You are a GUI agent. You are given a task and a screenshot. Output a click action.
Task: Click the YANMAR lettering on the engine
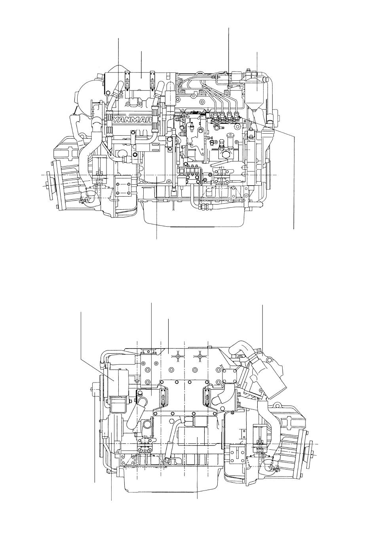coord(132,120)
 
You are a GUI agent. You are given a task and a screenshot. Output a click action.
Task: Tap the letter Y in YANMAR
coord(116,120)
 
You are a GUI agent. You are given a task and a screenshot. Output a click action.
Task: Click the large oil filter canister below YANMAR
coord(155,168)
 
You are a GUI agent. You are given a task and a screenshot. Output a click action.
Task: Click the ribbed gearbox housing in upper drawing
coord(72,183)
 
